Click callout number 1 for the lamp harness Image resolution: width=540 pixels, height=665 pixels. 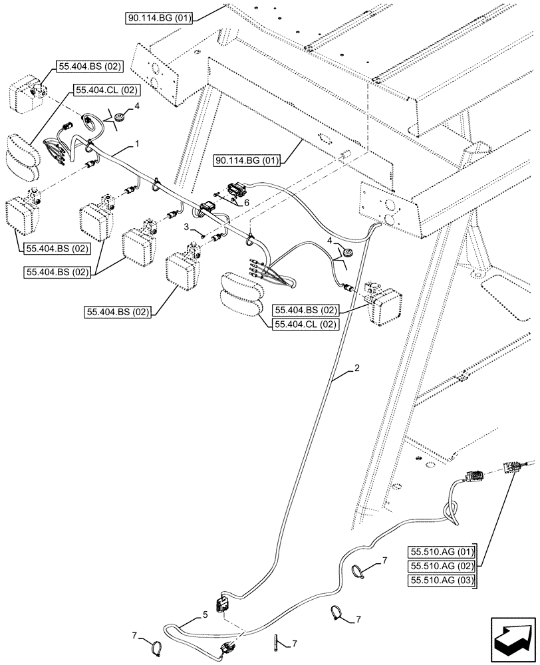coord(138,143)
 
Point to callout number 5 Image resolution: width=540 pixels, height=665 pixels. coord(205,614)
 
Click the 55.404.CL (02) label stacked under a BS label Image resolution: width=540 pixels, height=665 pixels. coord(305,324)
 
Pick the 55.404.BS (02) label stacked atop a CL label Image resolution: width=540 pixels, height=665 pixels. coord(305,310)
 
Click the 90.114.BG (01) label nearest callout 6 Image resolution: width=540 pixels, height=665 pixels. coord(248,160)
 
